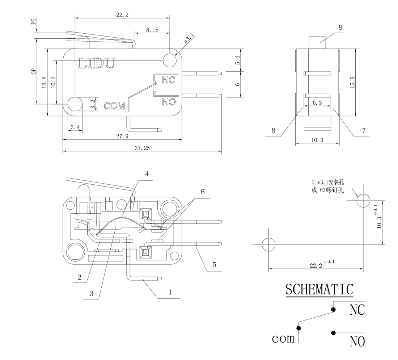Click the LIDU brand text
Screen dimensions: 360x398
97,63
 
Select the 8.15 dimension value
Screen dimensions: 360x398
152,30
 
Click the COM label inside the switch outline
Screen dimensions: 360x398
114,106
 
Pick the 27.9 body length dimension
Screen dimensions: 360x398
122,136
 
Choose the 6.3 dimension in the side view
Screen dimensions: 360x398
317,103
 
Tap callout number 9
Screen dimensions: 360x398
340,27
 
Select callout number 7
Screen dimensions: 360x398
364,131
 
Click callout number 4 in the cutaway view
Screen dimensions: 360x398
147,174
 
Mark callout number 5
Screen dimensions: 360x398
214,265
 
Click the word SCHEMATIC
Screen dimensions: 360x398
319,289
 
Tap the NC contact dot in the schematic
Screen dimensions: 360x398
333,309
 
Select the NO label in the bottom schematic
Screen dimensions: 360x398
357,341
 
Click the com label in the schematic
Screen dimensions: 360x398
283,339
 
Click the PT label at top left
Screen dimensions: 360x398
34,22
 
